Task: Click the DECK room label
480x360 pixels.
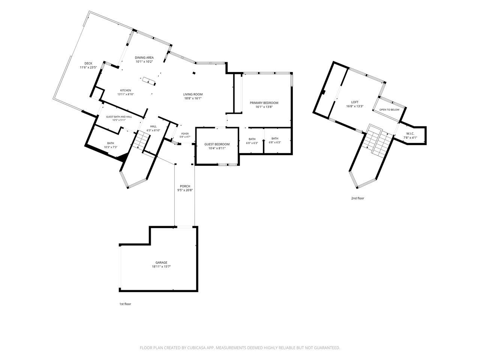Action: pyautogui.click(x=88, y=63)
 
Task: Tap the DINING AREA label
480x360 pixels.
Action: pyautogui.click(x=144, y=57)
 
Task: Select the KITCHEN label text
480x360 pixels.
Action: pyautogui.click(x=126, y=90)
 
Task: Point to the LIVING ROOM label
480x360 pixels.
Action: pyautogui.click(x=193, y=94)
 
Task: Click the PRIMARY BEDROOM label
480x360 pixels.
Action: pyautogui.click(x=264, y=103)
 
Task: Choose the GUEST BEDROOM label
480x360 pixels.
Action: pyautogui.click(x=217, y=144)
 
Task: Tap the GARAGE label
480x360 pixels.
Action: pyautogui.click(x=161, y=262)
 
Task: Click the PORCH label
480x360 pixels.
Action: pyautogui.click(x=185, y=186)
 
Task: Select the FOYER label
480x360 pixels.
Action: pyautogui.click(x=185, y=134)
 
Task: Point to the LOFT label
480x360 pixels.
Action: pyautogui.click(x=355, y=102)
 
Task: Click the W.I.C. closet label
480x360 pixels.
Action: pyautogui.click(x=410, y=133)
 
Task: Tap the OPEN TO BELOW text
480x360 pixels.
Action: pyautogui.click(x=389, y=110)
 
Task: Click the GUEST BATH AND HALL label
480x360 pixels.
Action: pyautogui.click(x=119, y=117)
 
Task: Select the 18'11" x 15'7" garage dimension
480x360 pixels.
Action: pyautogui.click(x=161, y=267)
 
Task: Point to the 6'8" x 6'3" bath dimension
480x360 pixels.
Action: pyautogui.click(x=275, y=142)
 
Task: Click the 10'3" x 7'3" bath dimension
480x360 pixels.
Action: pyautogui.click(x=111, y=147)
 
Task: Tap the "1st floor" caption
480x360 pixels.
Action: pyautogui.click(x=125, y=304)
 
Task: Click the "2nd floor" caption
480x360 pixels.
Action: pyautogui.click(x=357, y=198)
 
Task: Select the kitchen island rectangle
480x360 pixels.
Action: pyautogui.click(x=149, y=80)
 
